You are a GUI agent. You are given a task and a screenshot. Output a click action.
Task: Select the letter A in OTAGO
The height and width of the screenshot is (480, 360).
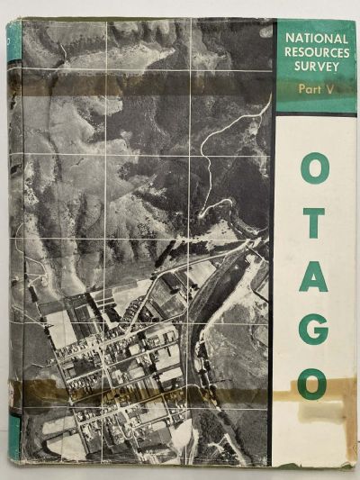[314, 276]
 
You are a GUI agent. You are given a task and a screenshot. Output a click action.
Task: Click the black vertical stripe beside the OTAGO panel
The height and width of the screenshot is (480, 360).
[273, 270]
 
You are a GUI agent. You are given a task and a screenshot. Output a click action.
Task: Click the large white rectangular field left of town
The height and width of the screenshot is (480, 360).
[61, 329]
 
